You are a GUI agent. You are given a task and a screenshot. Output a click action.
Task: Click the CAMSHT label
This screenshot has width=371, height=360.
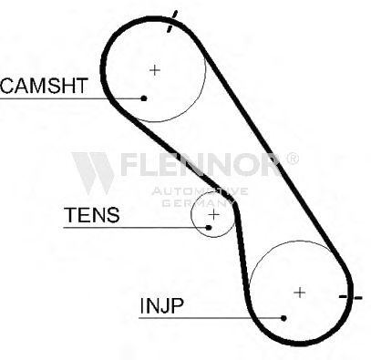click(45, 86)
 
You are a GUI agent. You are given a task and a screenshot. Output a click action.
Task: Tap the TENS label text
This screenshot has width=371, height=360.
click(91, 215)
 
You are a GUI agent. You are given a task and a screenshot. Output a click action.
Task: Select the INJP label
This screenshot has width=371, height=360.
click(161, 305)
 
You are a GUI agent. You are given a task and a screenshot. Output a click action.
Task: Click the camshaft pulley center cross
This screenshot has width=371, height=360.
click(155, 70)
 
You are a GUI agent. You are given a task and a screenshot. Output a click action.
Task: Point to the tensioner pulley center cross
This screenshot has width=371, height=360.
click(214, 215)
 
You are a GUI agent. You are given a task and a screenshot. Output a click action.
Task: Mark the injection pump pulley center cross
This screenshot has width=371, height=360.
click(300, 293)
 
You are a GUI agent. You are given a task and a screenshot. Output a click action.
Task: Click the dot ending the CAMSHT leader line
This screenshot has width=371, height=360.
click(144, 98)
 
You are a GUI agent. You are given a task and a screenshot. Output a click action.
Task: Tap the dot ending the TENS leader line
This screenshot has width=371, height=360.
click(209, 227)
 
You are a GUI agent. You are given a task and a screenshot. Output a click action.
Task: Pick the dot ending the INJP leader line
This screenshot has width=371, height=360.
click(283, 318)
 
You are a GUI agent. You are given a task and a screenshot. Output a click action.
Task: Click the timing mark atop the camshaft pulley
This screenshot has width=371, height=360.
click(172, 21)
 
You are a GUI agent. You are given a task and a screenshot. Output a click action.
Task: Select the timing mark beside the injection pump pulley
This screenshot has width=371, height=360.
click(350, 297)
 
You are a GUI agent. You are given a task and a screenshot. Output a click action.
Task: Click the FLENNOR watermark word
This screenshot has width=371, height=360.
click(201, 164)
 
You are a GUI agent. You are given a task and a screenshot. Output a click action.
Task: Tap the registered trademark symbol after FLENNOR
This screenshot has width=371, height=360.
click(293, 159)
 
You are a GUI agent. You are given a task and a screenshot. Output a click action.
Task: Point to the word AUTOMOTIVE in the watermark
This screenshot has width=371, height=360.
click(200, 191)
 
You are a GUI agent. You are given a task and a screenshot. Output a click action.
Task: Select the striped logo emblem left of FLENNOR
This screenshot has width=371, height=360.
click(93, 173)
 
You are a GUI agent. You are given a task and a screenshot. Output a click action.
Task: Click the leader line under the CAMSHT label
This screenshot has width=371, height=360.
click(72, 98)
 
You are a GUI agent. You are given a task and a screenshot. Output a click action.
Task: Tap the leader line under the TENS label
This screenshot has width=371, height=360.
click(136, 228)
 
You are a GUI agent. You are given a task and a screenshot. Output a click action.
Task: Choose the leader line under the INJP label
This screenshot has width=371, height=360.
click(211, 318)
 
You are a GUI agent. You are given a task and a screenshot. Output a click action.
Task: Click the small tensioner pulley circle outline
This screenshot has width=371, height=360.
click(191, 215)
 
